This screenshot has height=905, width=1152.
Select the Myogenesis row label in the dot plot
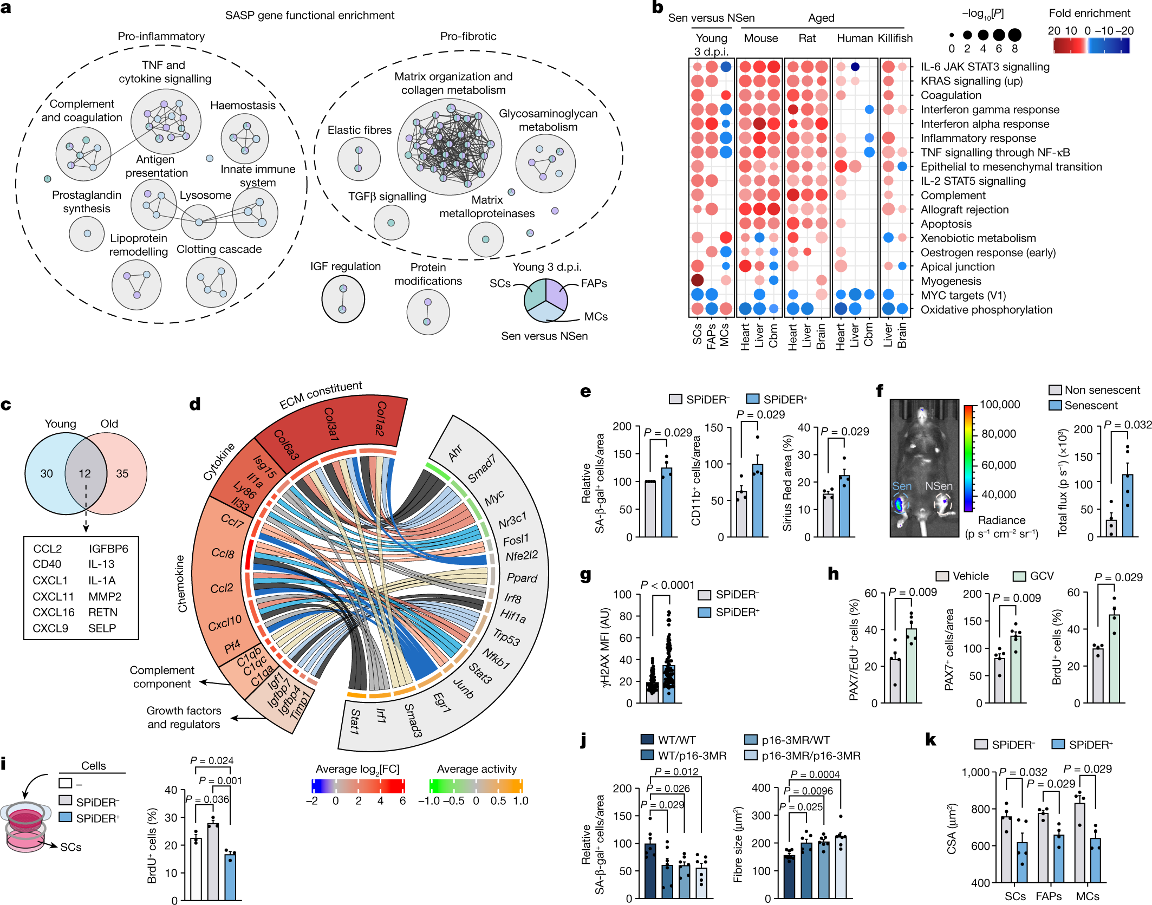click(951, 281)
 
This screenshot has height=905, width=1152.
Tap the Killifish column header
click(895, 38)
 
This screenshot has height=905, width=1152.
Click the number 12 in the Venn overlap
click(84, 473)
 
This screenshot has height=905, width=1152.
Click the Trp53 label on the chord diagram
click(506, 637)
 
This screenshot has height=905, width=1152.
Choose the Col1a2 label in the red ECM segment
click(380, 418)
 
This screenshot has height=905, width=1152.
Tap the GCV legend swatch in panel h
click(1020, 576)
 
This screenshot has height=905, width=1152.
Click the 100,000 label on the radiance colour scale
click(999, 405)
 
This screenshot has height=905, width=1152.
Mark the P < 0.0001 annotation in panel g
click(667, 585)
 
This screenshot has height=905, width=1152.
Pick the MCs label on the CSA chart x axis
click(1087, 896)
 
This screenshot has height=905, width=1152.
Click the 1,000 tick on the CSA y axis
click(975, 772)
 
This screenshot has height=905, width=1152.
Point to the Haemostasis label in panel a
click(243, 106)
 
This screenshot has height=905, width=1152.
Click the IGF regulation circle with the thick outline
click(343, 299)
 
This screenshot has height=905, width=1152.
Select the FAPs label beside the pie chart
click(594, 283)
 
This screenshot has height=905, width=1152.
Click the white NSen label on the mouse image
click(939, 486)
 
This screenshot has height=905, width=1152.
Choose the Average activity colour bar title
click(477, 769)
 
